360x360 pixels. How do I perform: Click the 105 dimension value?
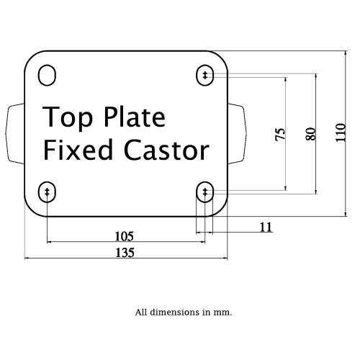pyautogui.click(x=125, y=236)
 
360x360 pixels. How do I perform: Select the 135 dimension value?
pyautogui.click(x=125, y=253)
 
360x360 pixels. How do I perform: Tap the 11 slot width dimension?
pyautogui.click(x=266, y=227)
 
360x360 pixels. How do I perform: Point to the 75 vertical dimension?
pyautogui.click(x=280, y=134)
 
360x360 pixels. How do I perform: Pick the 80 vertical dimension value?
pyautogui.click(x=310, y=134)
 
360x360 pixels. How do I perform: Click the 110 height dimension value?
pyautogui.click(x=341, y=132)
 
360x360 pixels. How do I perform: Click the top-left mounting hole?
pyautogui.click(x=47, y=75)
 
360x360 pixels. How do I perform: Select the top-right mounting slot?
pyautogui.click(x=205, y=75)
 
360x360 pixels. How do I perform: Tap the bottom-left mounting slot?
pyautogui.click(x=47, y=192)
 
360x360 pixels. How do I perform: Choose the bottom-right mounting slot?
pyautogui.click(x=205, y=192)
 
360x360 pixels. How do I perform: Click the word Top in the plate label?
pyautogui.click(x=68, y=118)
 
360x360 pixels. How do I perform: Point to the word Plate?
pyautogui.click(x=135, y=117)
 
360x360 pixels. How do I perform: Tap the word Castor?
pyautogui.click(x=167, y=150)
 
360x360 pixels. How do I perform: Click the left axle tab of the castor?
pyautogui.click(x=15, y=133)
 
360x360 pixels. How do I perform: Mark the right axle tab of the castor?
pyautogui.click(x=237, y=133)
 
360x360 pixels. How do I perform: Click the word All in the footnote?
pyautogui.click(x=141, y=312)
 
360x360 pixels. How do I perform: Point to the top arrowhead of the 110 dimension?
pyautogui.click(x=346, y=53)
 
